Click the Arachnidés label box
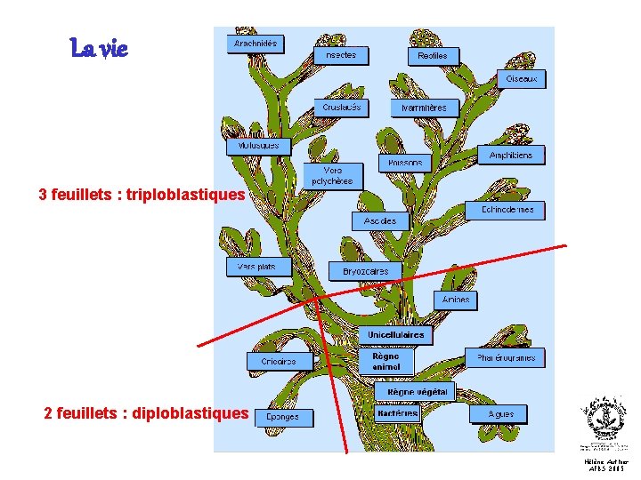tap(256, 43)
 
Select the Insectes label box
tap(340, 54)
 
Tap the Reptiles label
tap(433, 55)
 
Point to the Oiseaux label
tap(522, 79)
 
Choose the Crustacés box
tap(342, 108)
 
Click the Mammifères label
tap(425, 108)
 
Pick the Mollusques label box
tap(258, 145)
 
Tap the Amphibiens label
tap(511, 155)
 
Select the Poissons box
tap(406, 164)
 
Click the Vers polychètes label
tap(333, 175)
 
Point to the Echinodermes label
tap(507, 210)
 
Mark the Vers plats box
tap(257, 266)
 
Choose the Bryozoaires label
tap(366, 270)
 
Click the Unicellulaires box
tap(395, 335)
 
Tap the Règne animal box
tap(386, 361)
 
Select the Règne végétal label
tap(414, 391)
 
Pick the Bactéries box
tap(398, 413)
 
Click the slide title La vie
tap(100, 49)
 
